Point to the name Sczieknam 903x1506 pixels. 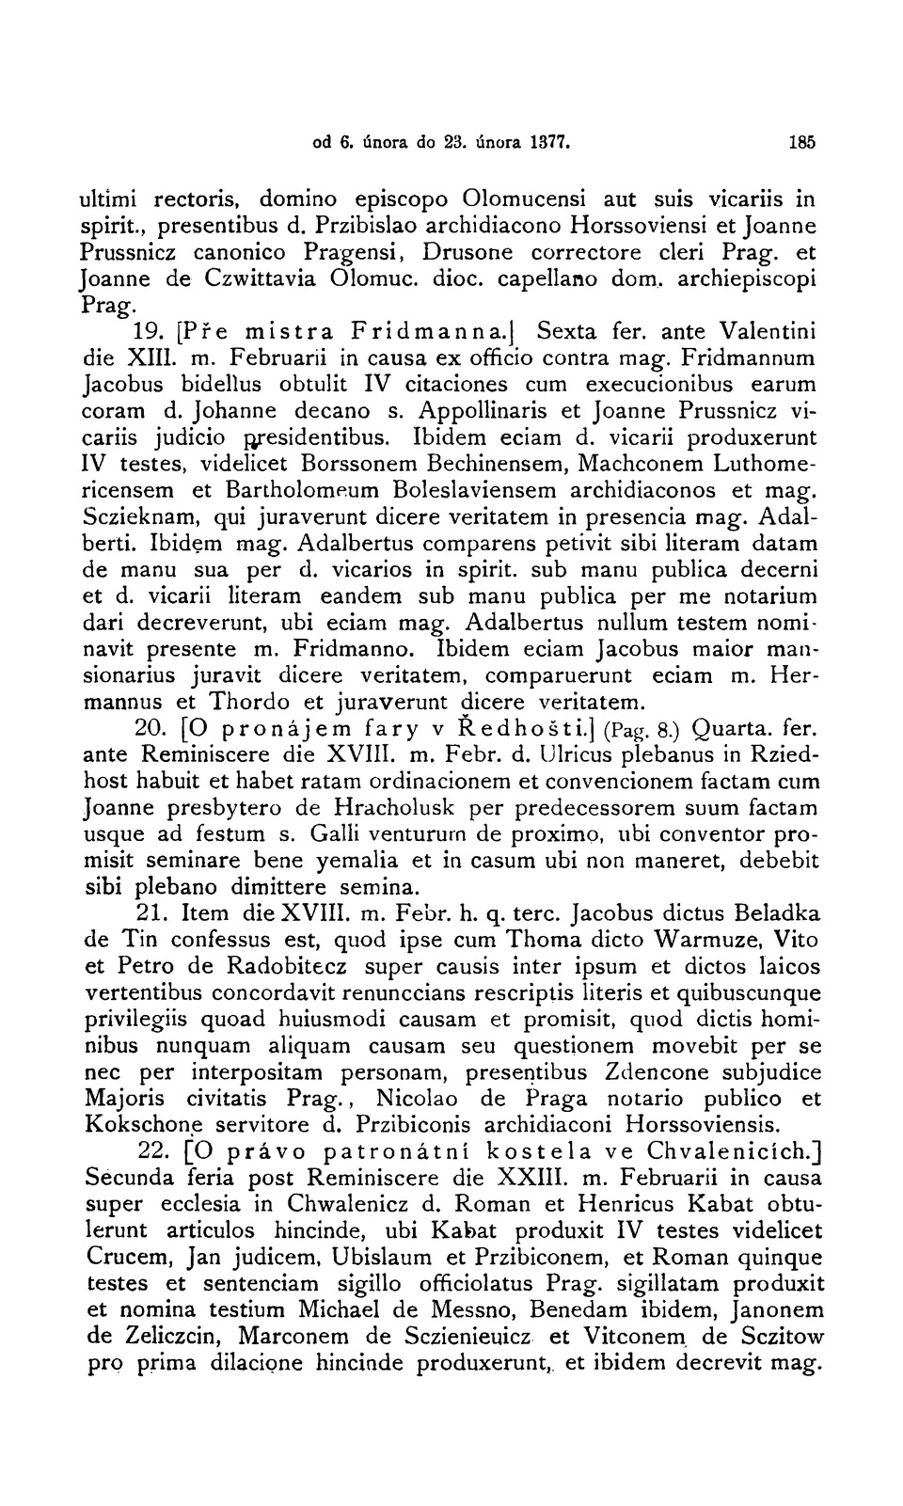point(142,517)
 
